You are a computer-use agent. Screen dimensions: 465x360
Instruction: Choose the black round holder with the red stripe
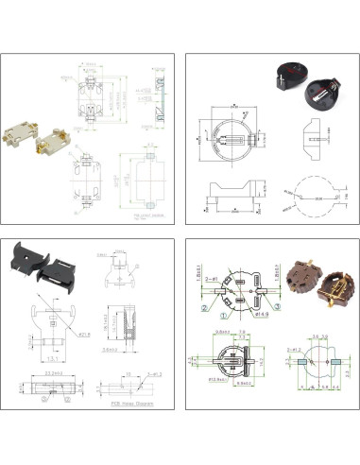point(287,74)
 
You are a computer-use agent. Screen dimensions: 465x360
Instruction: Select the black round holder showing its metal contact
point(320,94)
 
